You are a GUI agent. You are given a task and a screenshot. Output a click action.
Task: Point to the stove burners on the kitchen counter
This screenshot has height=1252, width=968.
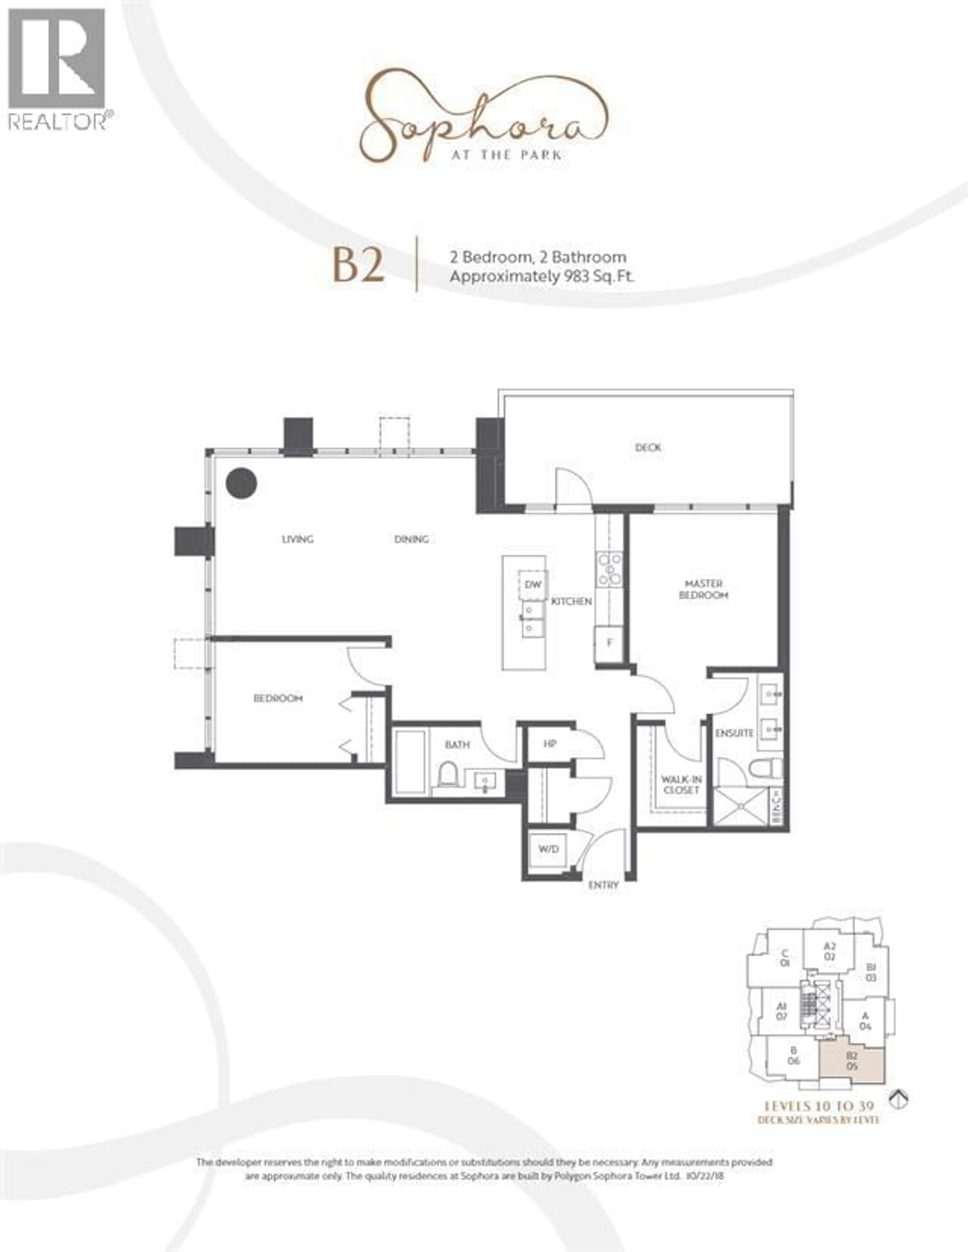point(609,569)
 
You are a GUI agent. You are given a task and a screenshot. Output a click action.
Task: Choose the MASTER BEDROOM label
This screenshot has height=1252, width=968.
point(704,589)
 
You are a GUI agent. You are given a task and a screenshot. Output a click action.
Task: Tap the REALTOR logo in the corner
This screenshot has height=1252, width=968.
point(57,69)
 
